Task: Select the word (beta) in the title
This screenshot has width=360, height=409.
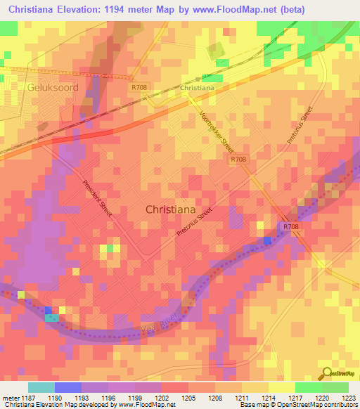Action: tap(330, 9)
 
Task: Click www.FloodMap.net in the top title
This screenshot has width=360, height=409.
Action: tap(264, 9)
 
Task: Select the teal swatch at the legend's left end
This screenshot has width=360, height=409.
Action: tap(41, 387)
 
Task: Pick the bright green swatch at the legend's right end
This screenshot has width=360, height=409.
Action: tap(335, 387)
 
